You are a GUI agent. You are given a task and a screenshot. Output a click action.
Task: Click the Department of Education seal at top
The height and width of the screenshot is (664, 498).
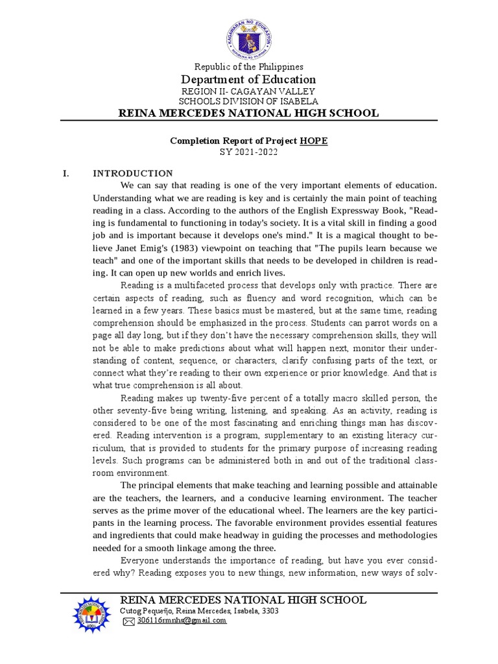click(249, 38)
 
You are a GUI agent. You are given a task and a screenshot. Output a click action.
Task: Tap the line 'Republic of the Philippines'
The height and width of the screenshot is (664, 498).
click(249, 67)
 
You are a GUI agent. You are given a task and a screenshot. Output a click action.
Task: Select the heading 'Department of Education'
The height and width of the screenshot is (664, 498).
click(249, 80)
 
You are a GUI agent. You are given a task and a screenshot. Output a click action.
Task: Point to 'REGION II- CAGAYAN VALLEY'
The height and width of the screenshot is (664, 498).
click(249, 91)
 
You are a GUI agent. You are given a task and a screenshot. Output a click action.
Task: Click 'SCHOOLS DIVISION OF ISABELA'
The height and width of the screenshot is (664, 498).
click(249, 102)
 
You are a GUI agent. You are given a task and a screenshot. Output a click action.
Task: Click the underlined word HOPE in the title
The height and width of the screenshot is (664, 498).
click(313, 141)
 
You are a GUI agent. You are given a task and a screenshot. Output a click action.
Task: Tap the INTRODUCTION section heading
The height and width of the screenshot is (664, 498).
click(133, 173)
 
